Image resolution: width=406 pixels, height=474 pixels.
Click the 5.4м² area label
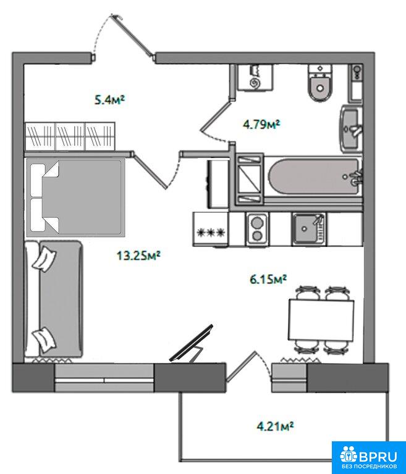tap(110, 99)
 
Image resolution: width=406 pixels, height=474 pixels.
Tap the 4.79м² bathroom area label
tap(261, 124)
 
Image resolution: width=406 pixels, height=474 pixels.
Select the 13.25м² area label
tap(138, 256)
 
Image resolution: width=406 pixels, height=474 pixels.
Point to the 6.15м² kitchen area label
tap(268, 279)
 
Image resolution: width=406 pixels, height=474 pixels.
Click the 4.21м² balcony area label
tap(275, 426)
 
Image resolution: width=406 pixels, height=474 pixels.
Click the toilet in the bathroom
tap(320, 83)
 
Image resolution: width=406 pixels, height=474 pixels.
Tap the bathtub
tap(314, 177)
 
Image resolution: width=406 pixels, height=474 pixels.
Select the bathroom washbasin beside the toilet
tap(352, 128)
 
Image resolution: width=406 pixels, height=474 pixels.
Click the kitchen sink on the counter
tap(309, 228)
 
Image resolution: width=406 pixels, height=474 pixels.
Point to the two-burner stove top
tap(257, 229)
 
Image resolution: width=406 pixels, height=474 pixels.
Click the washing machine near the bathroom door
tap(256, 77)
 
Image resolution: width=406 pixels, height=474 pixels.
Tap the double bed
tap(75, 197)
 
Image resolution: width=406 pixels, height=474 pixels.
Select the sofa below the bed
tap(54, 299)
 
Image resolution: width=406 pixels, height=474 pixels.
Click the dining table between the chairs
tap(321, 319)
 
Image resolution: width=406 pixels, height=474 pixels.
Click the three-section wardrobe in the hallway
tap(70, 136)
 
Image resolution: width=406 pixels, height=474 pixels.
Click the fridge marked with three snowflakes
tap(211, 230)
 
